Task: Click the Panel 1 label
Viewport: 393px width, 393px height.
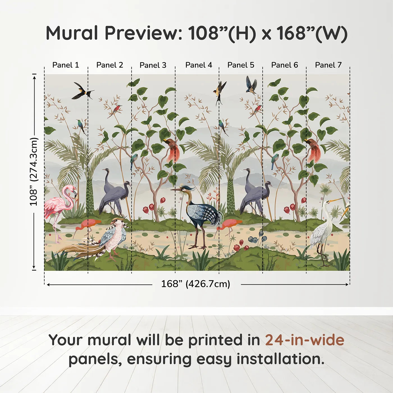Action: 66,65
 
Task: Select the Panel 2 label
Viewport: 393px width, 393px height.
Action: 110,65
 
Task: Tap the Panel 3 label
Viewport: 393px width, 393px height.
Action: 153,65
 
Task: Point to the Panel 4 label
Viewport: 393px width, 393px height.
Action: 199,65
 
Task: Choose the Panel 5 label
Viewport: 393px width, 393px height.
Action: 241,65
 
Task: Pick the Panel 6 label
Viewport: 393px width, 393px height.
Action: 285,65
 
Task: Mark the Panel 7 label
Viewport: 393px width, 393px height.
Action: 328,65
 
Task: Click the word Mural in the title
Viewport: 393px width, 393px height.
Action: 72,33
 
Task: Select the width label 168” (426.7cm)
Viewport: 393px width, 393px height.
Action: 196,284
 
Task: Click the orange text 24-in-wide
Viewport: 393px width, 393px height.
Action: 305,340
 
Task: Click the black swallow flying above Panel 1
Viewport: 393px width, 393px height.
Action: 81,90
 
